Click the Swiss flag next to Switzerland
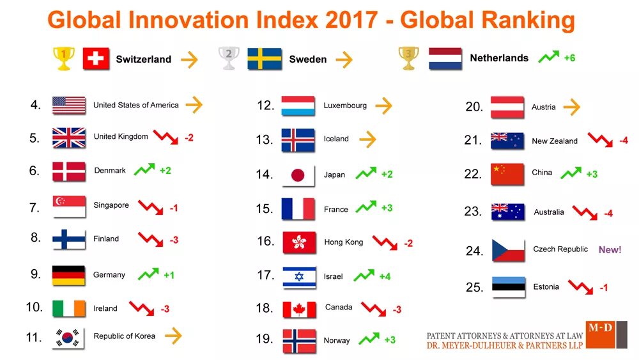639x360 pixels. (96, 59)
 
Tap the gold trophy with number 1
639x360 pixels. (63, 58)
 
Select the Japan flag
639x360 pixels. (298, 175)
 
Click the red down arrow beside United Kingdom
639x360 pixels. (166, 136)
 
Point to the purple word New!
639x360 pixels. (610, 250)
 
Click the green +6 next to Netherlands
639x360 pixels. (569, 58)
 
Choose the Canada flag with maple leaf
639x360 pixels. (299, 309)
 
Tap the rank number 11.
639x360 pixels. (34, 337)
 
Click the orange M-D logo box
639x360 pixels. (600, 334)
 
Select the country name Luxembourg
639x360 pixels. (345, 106)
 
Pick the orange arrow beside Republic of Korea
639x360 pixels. (173, 335)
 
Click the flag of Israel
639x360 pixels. (299, 277)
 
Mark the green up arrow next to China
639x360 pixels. (571, 173)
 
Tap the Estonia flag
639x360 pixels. (509, 287)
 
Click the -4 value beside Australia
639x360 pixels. (608, 214)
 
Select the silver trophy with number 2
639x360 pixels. (228, 58)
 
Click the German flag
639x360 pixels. (68, 275)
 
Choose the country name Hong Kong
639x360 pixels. (343, 242)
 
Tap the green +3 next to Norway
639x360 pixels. (390, 340)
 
